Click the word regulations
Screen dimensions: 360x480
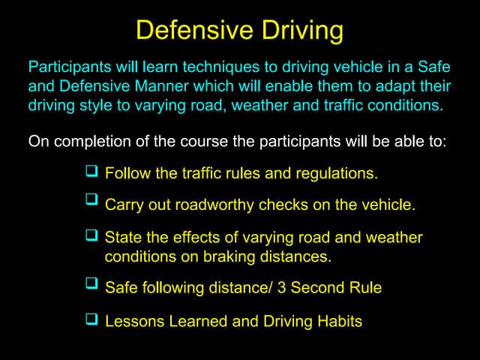(x=337, y=174)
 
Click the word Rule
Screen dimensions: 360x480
(x=366, y=287)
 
